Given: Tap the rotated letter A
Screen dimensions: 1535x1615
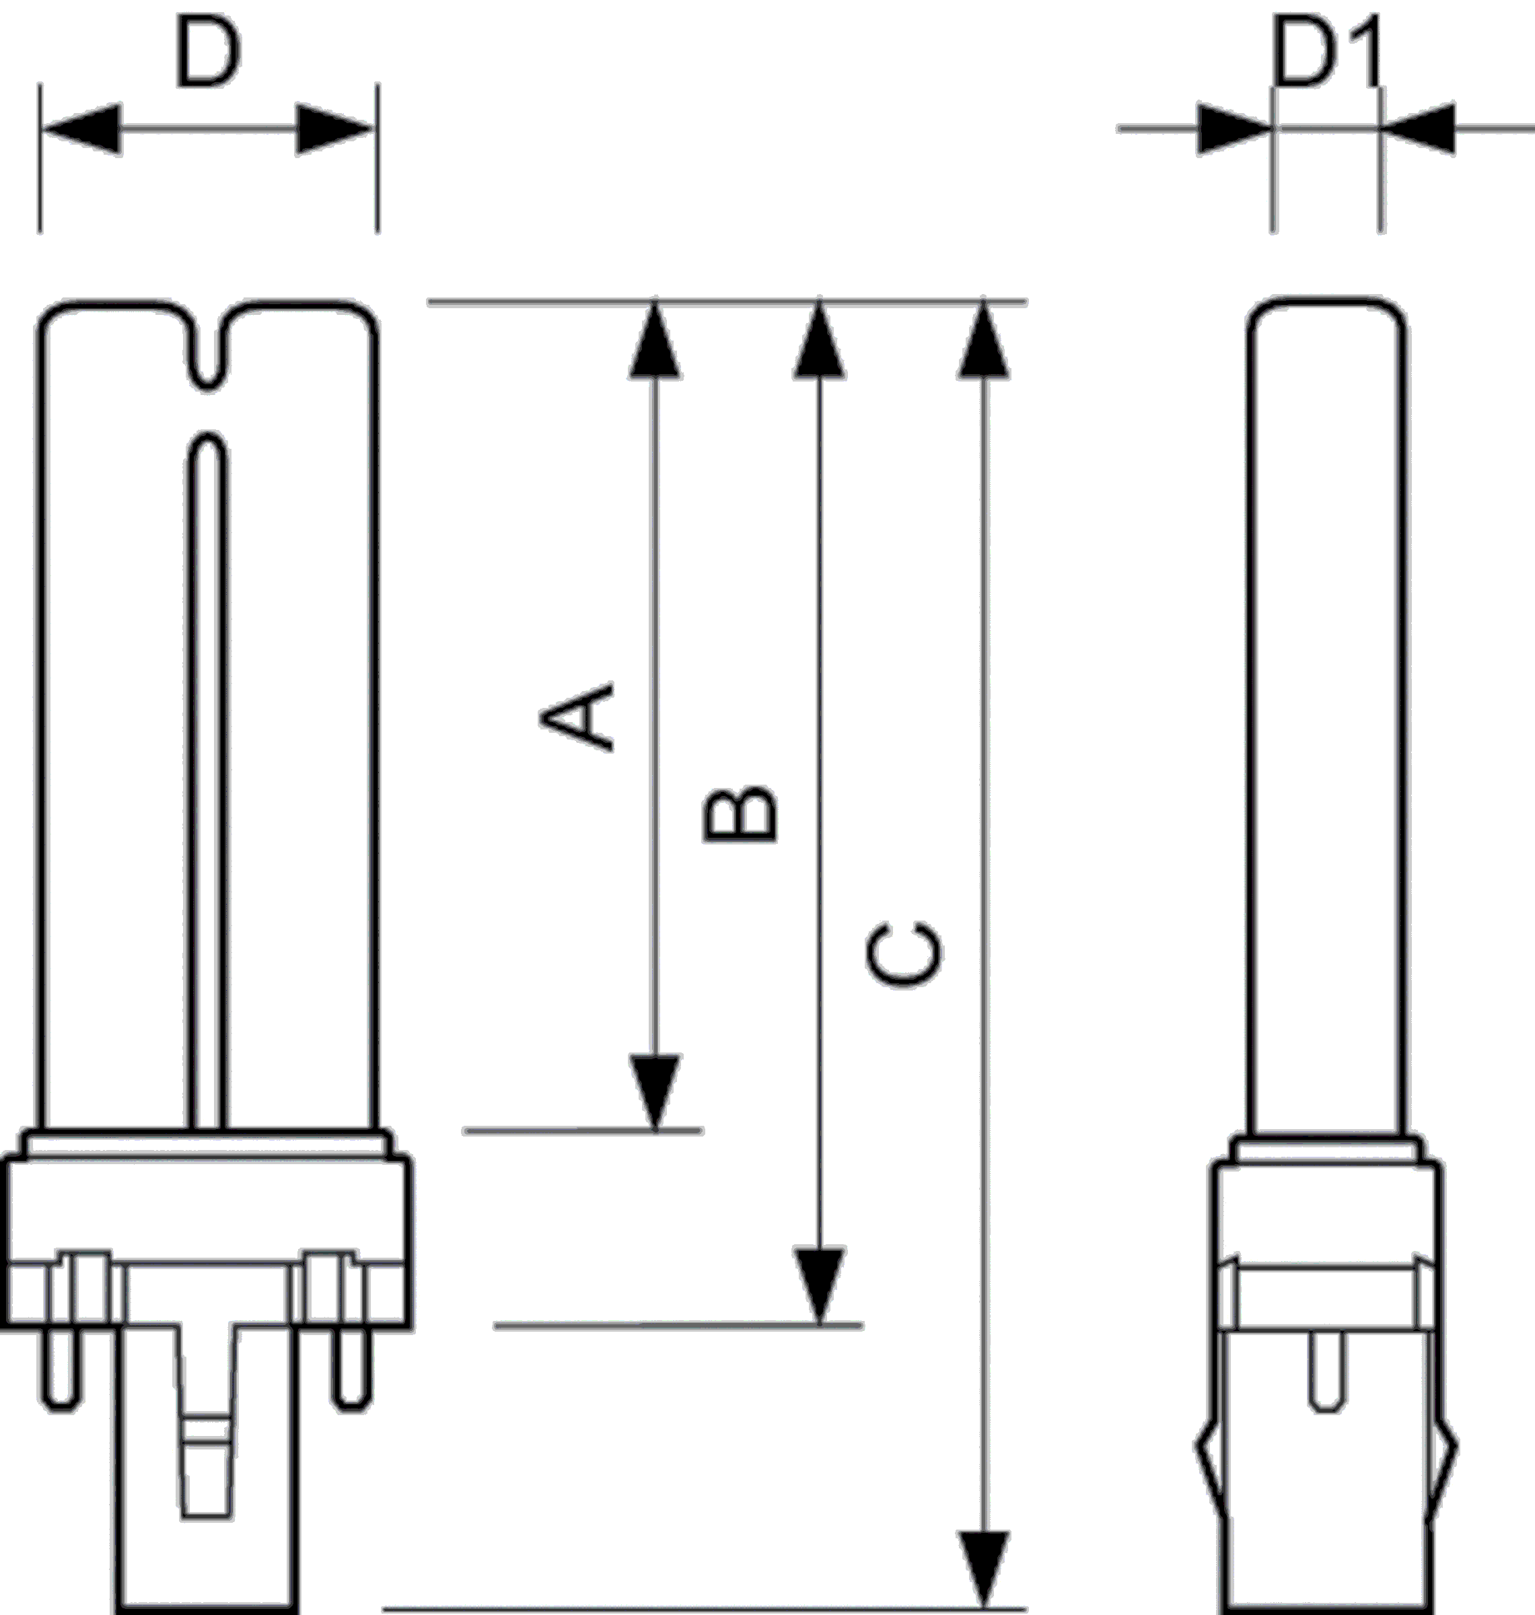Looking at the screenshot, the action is pos(577,717).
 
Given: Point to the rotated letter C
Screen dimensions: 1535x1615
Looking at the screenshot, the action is pos(904,955).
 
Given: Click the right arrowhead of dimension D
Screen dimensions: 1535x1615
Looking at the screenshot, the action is pos(334,129).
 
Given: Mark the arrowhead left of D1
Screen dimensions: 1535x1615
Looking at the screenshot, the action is pos(1235,129).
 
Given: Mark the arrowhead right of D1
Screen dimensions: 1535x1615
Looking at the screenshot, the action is pos(1418,129).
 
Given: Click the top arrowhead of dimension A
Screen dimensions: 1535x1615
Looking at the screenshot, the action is pos(655,341).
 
